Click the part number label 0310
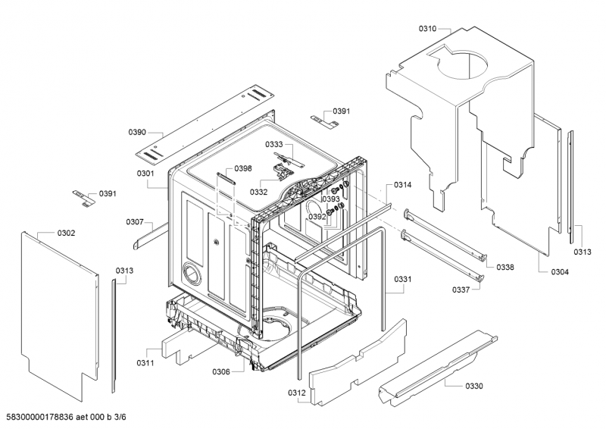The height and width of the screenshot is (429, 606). (427, 29)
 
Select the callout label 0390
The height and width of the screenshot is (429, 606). (137, 132)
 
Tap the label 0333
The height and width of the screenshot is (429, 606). (274, 144)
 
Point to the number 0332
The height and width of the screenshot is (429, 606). (259, 192)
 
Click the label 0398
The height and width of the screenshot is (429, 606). (242, 168)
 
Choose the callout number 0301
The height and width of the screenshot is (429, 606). (146, 174)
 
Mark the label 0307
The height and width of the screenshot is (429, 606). (136, 222)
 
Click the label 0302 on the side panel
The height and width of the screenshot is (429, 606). (67, 233)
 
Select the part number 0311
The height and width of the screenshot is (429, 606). (145, 363)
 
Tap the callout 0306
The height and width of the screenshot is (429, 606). (221, 371)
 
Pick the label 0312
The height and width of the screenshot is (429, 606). (297, 392)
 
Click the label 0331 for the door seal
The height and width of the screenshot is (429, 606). (403, 280)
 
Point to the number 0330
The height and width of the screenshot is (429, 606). (473, 386)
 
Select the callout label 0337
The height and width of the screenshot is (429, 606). (461, 290)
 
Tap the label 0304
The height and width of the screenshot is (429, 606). (560, 271)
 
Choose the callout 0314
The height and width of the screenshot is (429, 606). (403, 185)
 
